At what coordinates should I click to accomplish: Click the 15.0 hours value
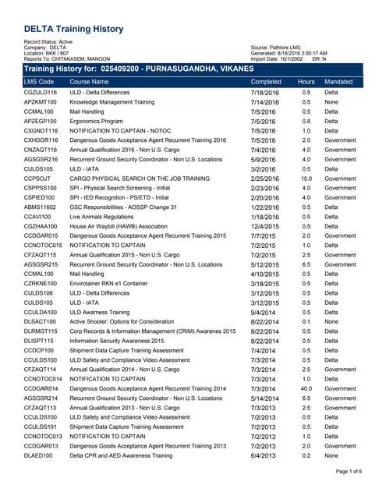[306, 178]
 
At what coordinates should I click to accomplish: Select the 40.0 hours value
[306, 388]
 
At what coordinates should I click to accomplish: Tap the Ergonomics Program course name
[96, 121]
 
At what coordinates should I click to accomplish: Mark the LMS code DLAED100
[40, 455]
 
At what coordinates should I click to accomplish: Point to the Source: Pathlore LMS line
[278, 47]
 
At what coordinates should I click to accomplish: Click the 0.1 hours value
[306, 321]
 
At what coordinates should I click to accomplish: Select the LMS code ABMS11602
[41, 207]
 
